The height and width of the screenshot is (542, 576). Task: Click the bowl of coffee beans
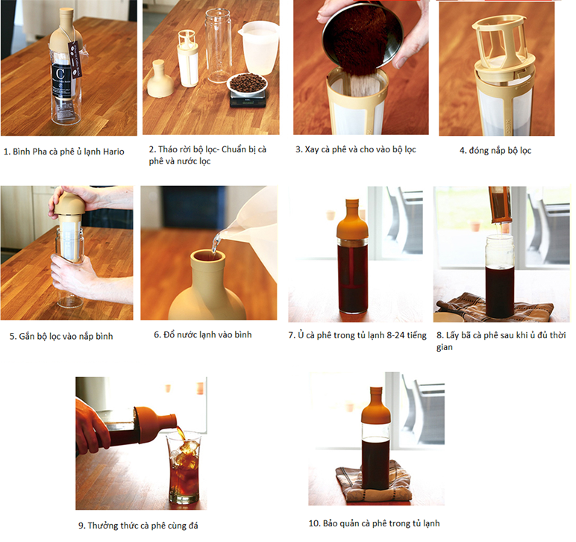247,84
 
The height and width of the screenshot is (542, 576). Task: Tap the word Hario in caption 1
113,152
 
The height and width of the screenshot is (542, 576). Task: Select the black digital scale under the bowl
248,99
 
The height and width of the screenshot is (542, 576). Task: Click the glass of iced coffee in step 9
184,467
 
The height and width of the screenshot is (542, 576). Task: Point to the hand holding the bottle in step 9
91,426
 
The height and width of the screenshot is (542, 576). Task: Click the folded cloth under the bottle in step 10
374,480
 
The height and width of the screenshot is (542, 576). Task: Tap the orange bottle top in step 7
352,219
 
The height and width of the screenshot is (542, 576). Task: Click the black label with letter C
60,81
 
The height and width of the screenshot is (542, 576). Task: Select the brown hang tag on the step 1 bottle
74,60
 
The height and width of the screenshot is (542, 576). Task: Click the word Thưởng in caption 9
103,526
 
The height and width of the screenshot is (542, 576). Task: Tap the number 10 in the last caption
313,523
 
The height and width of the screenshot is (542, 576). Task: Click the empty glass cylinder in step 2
218,46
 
